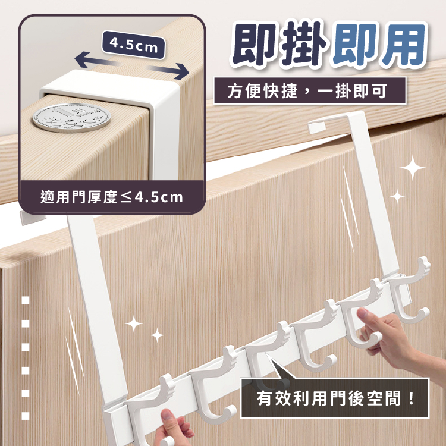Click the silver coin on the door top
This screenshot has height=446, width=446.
(x=71, y=118)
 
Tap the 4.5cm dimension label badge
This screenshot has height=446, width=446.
(x=133, y=45)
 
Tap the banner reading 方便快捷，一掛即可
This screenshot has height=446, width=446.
(x=310, y=91)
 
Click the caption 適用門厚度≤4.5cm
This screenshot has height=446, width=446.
(x=112, y=197)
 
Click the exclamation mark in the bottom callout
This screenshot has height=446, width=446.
(x=410, y=398)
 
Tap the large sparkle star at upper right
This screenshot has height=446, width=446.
(x=412, y=168)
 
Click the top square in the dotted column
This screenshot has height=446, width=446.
(x=26, y=300)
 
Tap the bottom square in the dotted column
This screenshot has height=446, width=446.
(x=26, y=416)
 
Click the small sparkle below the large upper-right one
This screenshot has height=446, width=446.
(x=397, y=196)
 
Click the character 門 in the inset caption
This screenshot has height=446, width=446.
(x=78, y=197)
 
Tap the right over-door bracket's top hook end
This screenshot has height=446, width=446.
(x=316, y=127)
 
